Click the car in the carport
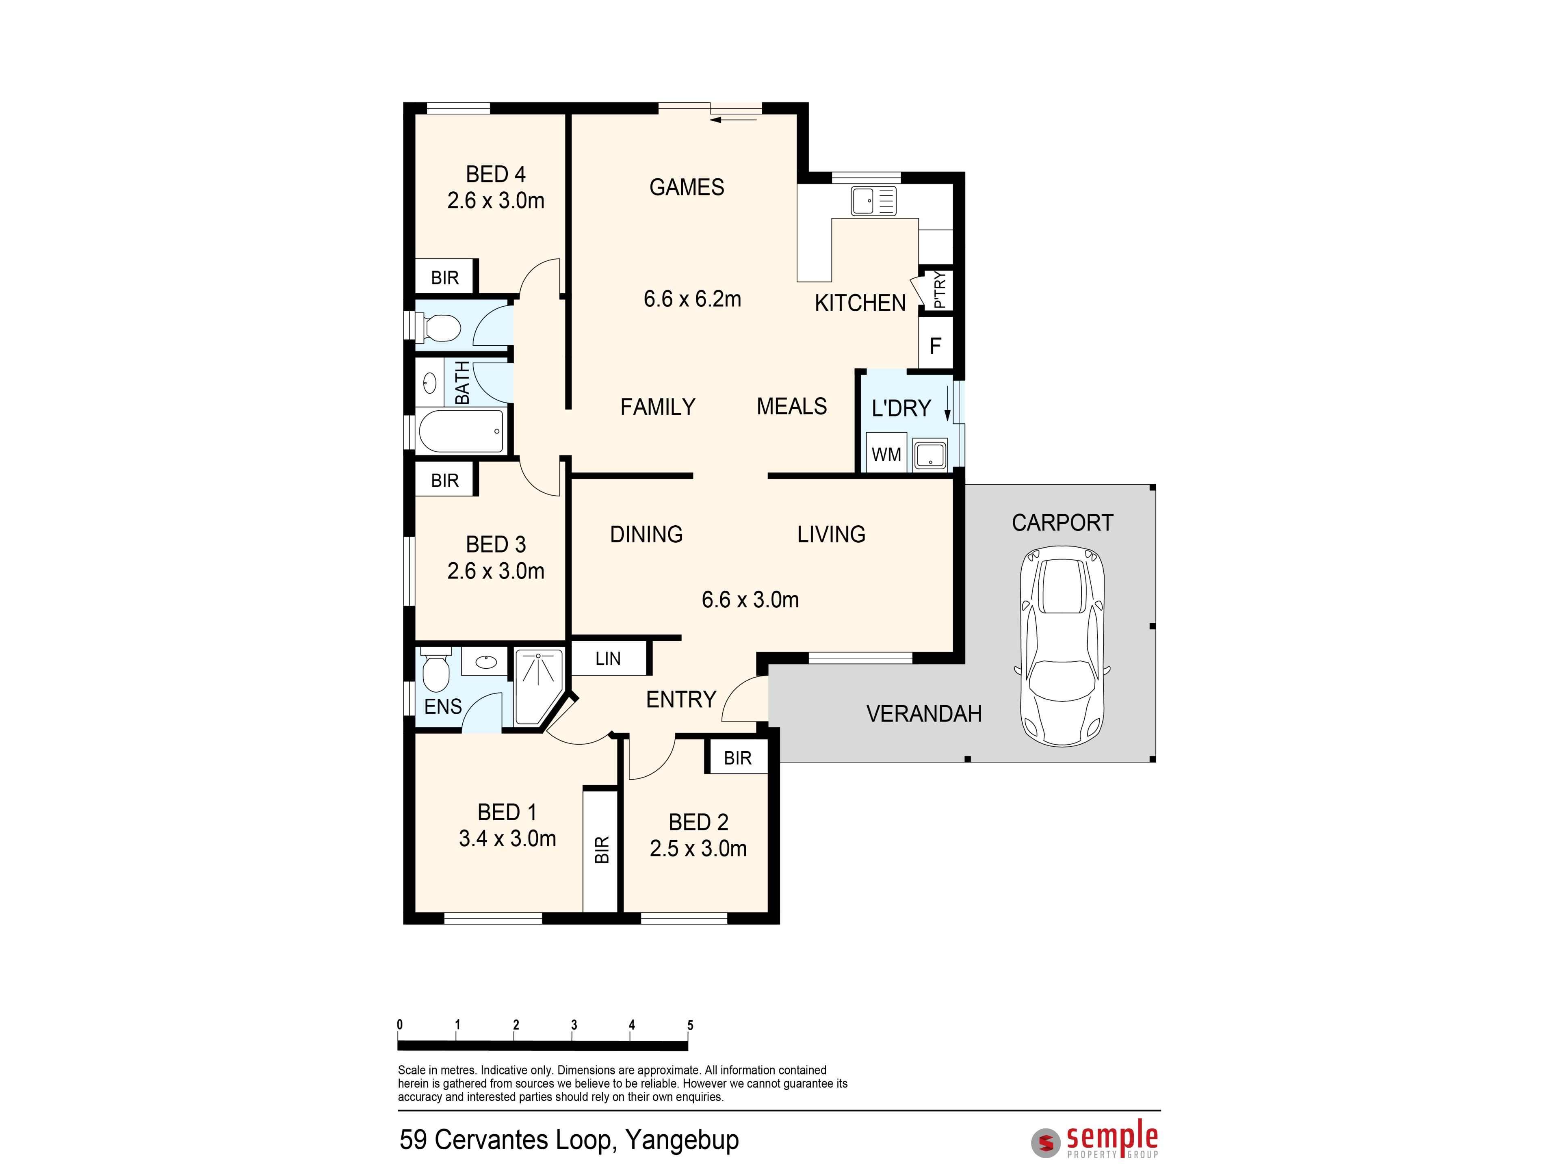[1062, 647]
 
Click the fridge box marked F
[935, 346]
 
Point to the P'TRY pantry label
[939, 290]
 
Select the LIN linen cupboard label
[608, 659]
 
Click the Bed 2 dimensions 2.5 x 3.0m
[698, 848]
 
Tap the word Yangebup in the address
[682, 1140]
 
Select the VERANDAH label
[924, 714]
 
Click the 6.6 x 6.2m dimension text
[693, 299]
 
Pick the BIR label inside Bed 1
[602, 850]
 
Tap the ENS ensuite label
[443, 706]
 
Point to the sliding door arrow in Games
[733, 120]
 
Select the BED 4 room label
[496, 174]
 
